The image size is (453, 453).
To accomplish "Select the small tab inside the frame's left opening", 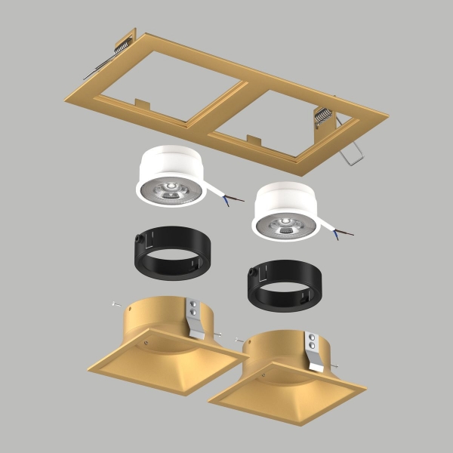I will pyautogui.click(x=142, y=101).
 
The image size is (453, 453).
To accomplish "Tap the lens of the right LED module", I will pyautogui.click(x=285, y=223).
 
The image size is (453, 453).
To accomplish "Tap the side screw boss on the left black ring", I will pyautogui.click(x=137, y=241).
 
